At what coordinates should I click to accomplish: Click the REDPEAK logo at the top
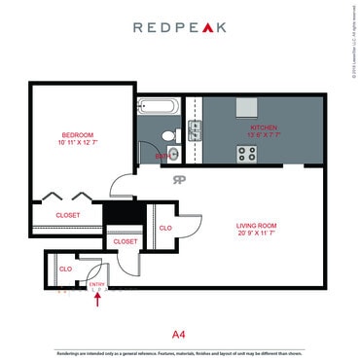(x=179, y=27)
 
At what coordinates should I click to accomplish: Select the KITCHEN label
(x=264, y=127)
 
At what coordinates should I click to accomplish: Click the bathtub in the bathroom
(x=157, y=107)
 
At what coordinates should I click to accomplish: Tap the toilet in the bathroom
(x=168, y=135)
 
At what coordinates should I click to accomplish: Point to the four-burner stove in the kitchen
(x=246, y=153)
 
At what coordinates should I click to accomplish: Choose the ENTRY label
(x=95, y=284)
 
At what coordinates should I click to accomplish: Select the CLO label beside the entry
(x=65, y=269)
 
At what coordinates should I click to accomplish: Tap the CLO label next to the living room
(x=165, y=228)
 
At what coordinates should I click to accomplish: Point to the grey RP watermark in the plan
(x=179, y=179)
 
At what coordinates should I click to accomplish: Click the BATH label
(x=160, y=156)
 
